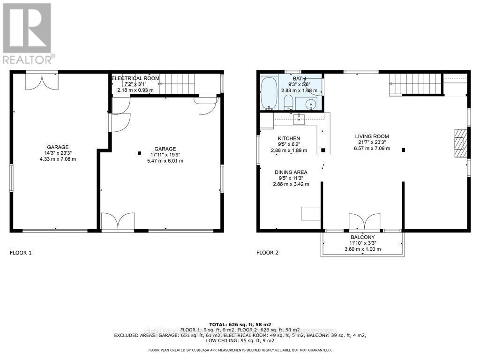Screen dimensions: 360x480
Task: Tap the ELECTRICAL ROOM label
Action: [135, 78]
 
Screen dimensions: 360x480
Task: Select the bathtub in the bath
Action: [269, 93]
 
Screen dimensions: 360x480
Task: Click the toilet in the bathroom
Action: [288, 101]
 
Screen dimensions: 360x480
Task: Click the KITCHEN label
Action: [289, 138]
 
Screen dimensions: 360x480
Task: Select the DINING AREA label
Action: [291, 172]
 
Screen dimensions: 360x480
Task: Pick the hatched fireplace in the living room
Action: [461, 142]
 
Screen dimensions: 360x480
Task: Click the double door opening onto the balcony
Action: [364, 222]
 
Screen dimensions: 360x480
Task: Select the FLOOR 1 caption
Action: [21, 253]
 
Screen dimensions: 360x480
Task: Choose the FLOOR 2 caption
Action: [267, 253]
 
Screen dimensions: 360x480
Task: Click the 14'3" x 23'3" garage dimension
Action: [58, 153]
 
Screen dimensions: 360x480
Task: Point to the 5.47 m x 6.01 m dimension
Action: [164, 161]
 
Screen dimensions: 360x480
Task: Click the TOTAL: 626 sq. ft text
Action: [240, 324]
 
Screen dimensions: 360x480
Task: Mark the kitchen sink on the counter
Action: [299, 119]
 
